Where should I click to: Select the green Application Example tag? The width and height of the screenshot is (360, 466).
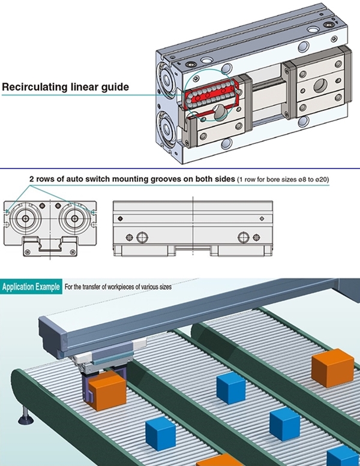[31, 287]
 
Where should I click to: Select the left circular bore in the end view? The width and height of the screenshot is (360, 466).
[28, 219]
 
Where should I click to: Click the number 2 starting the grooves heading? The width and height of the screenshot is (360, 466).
[32, 179]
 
